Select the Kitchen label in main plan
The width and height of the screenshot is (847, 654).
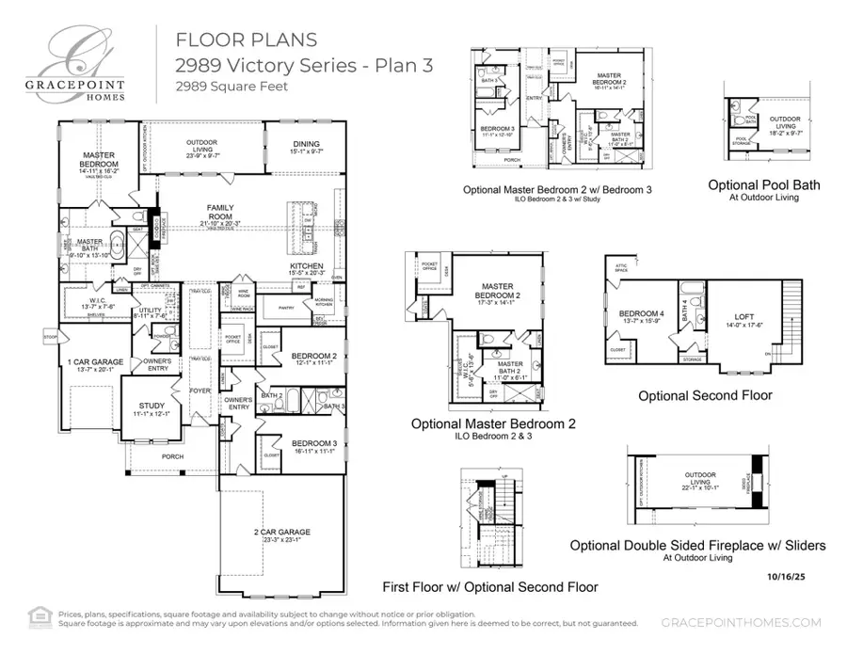pos(306,266)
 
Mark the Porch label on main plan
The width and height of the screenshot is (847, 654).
pos(172,457)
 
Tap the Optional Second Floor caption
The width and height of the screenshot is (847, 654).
pos(705,395)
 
